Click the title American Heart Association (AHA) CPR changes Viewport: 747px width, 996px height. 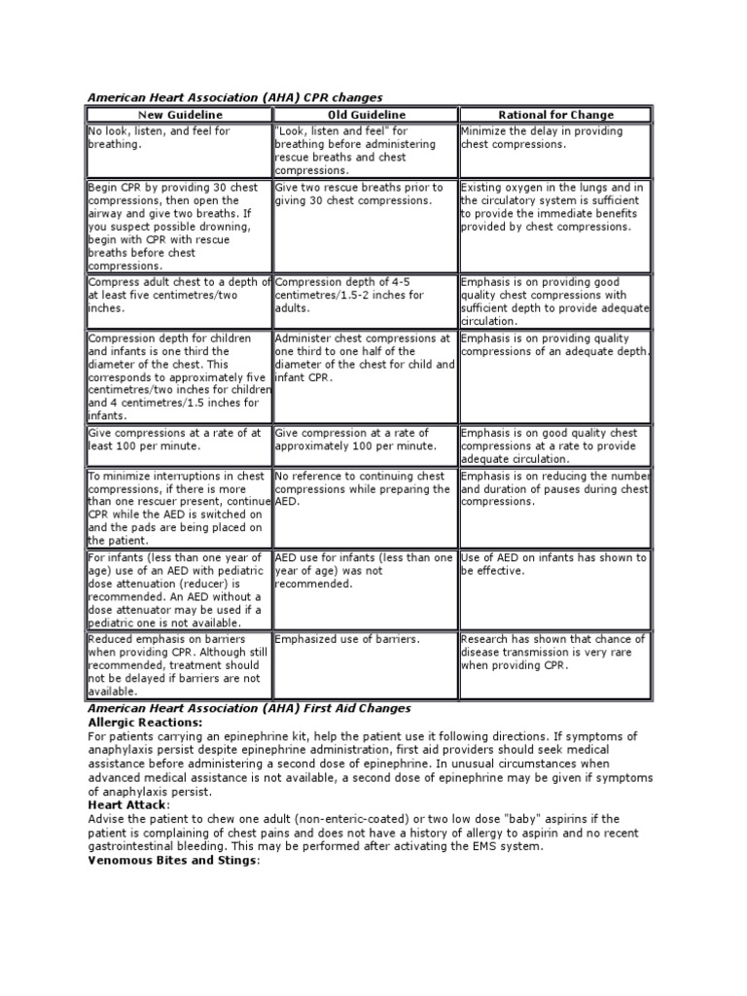coord(235,97)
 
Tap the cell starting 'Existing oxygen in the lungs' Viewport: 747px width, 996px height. coord(554,206)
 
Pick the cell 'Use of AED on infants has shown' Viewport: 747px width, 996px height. coord(554,564)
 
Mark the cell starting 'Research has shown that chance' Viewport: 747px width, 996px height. coord(554,652)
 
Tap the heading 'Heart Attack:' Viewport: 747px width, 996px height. coord(128,805)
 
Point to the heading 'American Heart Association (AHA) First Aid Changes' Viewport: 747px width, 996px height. coord(250,709)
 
